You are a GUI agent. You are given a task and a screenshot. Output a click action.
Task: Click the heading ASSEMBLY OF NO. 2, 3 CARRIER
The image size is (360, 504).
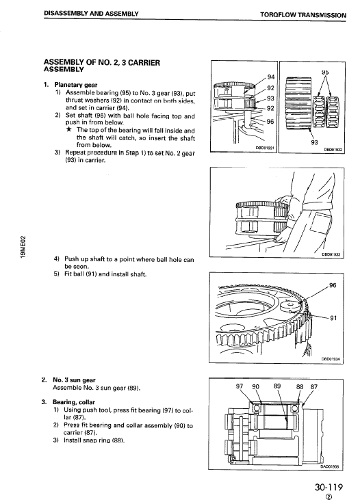point(101,62)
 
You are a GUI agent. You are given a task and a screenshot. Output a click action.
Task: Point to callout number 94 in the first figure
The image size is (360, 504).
point(270,76)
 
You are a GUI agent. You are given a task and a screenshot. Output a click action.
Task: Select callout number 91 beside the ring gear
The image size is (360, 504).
point(333,317)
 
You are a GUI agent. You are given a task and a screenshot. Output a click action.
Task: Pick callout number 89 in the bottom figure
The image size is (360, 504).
point(277,386)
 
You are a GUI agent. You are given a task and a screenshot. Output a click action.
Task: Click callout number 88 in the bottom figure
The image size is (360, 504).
point(299,386)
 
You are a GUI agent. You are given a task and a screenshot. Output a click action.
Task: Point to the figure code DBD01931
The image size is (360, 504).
point(264,148)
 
